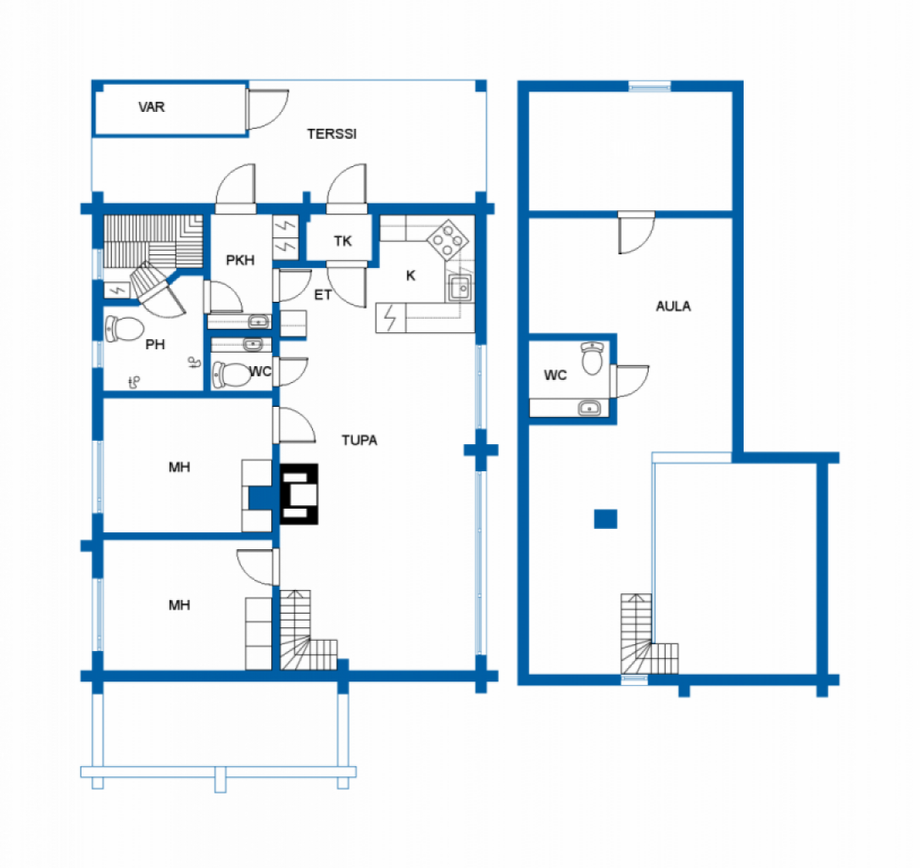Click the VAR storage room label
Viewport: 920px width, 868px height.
point(152,107)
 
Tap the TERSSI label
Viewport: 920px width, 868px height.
point(332,134)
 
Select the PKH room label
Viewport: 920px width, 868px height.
point(240,260)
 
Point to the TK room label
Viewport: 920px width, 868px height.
point(343,241)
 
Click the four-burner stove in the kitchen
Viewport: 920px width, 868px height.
point(448,240)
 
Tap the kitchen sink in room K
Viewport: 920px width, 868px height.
point(460,288)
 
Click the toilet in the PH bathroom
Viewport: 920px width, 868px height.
point(125,329)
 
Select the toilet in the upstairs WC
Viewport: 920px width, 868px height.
point(592,358)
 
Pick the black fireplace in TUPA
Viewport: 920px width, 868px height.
point(299,494)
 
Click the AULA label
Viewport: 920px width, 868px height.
point(673,306)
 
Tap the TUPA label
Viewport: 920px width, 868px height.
point(359,440)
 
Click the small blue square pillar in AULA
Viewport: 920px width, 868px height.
point(605,519)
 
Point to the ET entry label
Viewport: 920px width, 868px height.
point(323,295)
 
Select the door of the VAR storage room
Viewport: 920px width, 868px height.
point(267,109)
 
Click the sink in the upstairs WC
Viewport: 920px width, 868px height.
point(589,408)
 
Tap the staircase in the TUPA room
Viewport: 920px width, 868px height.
point(308,631)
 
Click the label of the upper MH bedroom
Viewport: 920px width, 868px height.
point(179,467)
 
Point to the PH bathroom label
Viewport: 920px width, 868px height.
point(155,344)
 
